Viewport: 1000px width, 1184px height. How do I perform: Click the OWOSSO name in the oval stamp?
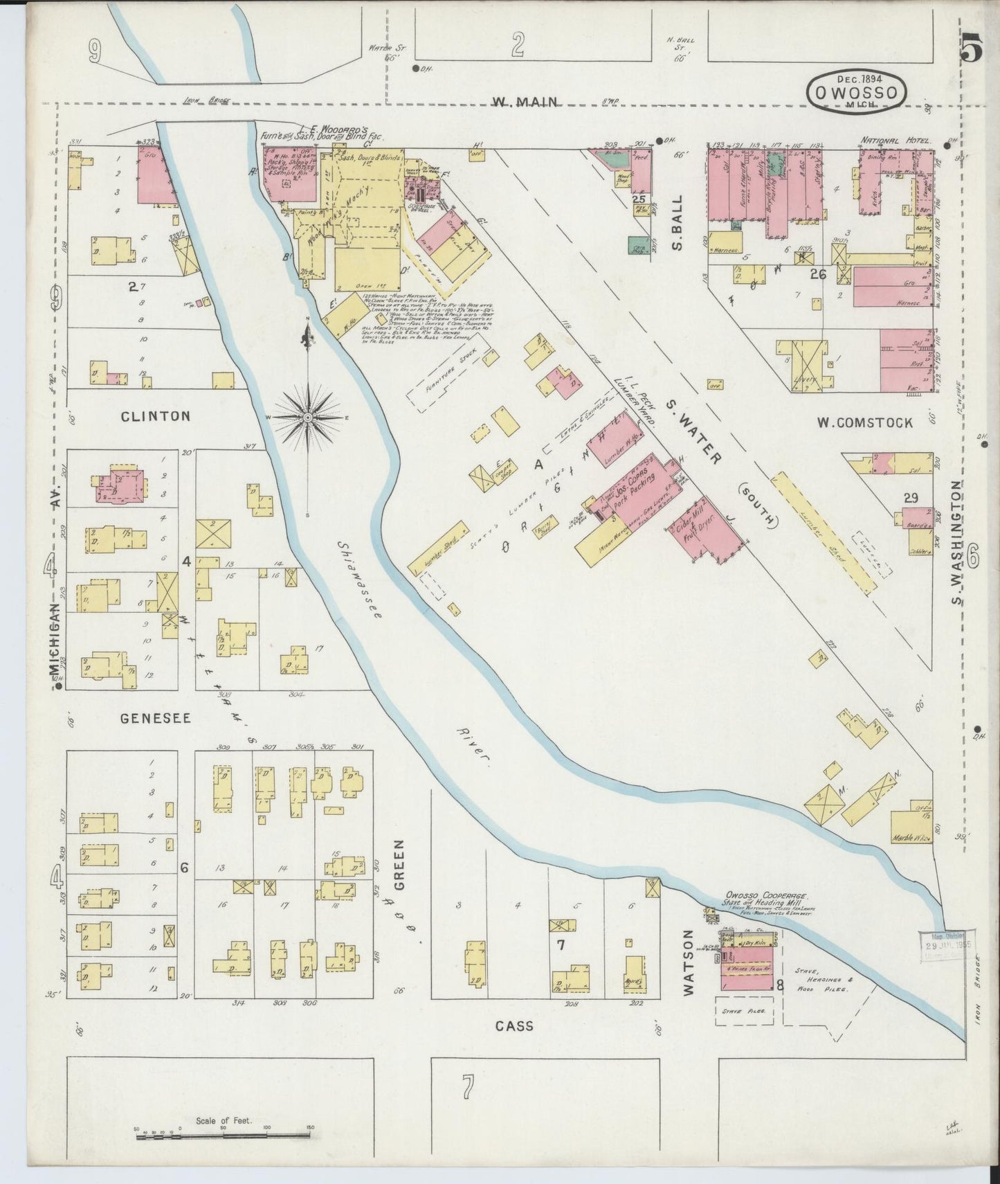coord(855,92)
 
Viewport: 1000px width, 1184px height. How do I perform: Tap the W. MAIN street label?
coord(525,102)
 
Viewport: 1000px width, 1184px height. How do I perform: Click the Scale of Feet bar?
coord(223,1133)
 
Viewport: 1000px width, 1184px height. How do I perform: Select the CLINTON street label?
coord(155,416)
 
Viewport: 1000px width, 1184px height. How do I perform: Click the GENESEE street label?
coord(156,718)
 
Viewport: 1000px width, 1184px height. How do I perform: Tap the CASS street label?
coord(515,1025)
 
